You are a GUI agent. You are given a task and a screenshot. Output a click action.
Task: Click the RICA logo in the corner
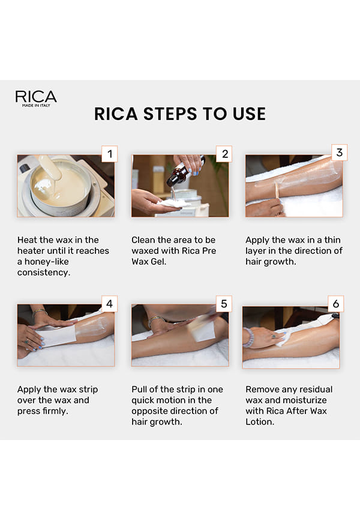(36, 98)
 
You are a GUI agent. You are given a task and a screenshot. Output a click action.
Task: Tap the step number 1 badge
(109, 154)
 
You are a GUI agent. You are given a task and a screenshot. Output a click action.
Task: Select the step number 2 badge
(224, 154)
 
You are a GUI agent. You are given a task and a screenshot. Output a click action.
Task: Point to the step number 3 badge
(339, 153)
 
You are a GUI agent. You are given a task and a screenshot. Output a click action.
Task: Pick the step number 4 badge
(109, 304)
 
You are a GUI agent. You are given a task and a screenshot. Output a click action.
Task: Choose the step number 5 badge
(224, 304)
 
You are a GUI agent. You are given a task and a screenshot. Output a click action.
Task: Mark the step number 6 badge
(336, 304)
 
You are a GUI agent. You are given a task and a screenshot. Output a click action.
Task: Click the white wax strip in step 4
(56, 335)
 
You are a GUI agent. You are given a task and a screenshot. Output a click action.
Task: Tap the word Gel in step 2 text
(158, 262)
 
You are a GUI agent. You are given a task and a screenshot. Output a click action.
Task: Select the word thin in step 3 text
(332, 240)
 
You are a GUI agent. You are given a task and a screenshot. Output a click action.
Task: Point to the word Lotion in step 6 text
(260, 422)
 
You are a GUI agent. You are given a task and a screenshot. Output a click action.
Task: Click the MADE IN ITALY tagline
(36, 106)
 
